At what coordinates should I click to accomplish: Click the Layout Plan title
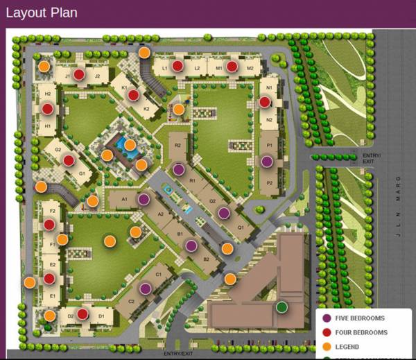(42, 13)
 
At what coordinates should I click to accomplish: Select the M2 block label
(250, 68)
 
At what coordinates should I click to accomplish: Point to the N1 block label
(268, 88)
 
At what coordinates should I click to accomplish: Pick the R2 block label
(178, 145)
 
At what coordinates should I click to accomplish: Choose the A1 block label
(125, 199)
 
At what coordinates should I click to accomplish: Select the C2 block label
(131, 301)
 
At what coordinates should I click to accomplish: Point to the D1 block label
(101, 316)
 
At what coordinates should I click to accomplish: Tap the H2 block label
(48, 94)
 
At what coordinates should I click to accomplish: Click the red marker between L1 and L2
(177, 66)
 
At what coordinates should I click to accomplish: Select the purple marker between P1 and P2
(267, 162)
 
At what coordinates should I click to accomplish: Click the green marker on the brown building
(281, 307)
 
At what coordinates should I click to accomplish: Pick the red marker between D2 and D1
(83, 314)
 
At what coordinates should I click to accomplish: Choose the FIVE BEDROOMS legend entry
(359, 318)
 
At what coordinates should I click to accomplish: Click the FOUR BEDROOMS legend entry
(361, 333)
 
